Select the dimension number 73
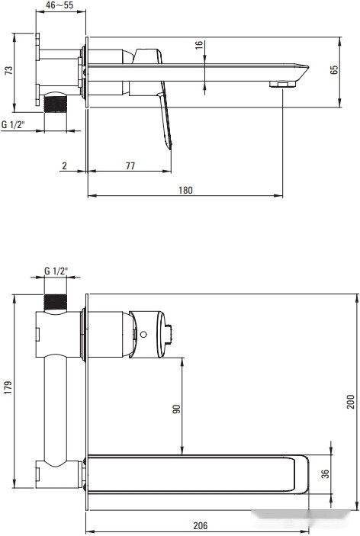8,71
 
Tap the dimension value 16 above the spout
198,46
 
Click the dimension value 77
130,165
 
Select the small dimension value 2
65,165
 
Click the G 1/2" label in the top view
14,124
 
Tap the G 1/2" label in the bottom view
56,271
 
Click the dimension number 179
8,396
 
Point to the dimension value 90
175,409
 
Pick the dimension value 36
325,473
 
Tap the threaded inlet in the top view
56,101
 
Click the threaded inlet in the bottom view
56,301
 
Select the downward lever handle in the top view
165,122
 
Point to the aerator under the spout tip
281,85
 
